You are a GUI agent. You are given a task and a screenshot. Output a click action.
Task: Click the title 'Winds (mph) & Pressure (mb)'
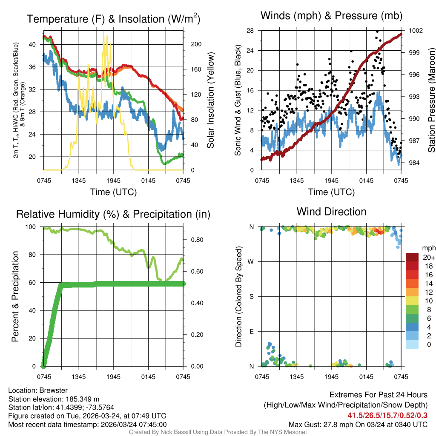332,16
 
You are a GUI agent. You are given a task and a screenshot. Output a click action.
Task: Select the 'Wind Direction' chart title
332,212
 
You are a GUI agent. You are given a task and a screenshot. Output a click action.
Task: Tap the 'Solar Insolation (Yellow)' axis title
211,100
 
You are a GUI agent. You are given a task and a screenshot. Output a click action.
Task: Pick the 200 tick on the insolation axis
192,44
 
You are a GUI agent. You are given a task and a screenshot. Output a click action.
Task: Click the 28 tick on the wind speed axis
250,31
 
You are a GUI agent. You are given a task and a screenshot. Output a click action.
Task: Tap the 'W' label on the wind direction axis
252,261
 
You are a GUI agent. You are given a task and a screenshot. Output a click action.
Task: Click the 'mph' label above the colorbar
428,248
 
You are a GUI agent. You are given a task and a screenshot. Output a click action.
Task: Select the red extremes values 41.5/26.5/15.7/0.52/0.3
388,416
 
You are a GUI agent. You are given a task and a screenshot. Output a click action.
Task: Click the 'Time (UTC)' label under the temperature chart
114,192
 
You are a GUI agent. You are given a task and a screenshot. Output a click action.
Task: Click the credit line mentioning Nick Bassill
218,432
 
